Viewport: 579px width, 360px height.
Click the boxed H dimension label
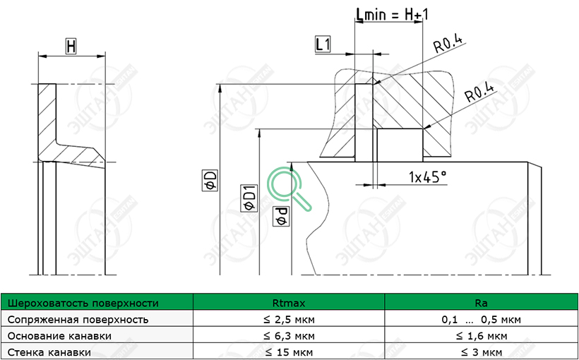click(x=71, y=46)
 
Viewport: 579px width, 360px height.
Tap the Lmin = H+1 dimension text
click(x=392, y=14)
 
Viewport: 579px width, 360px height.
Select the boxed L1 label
click(x=323, y=44)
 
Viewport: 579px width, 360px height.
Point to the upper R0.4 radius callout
click(x=448, y=45)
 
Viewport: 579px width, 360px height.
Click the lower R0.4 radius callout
click(x=479, y=92)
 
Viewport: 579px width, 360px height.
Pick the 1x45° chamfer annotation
click(x=428, y=178)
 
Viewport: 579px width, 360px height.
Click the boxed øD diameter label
click(x=210, y=181)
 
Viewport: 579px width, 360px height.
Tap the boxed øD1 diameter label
click(x=249, y=198)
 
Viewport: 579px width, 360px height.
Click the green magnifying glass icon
click(x=289, y=188)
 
